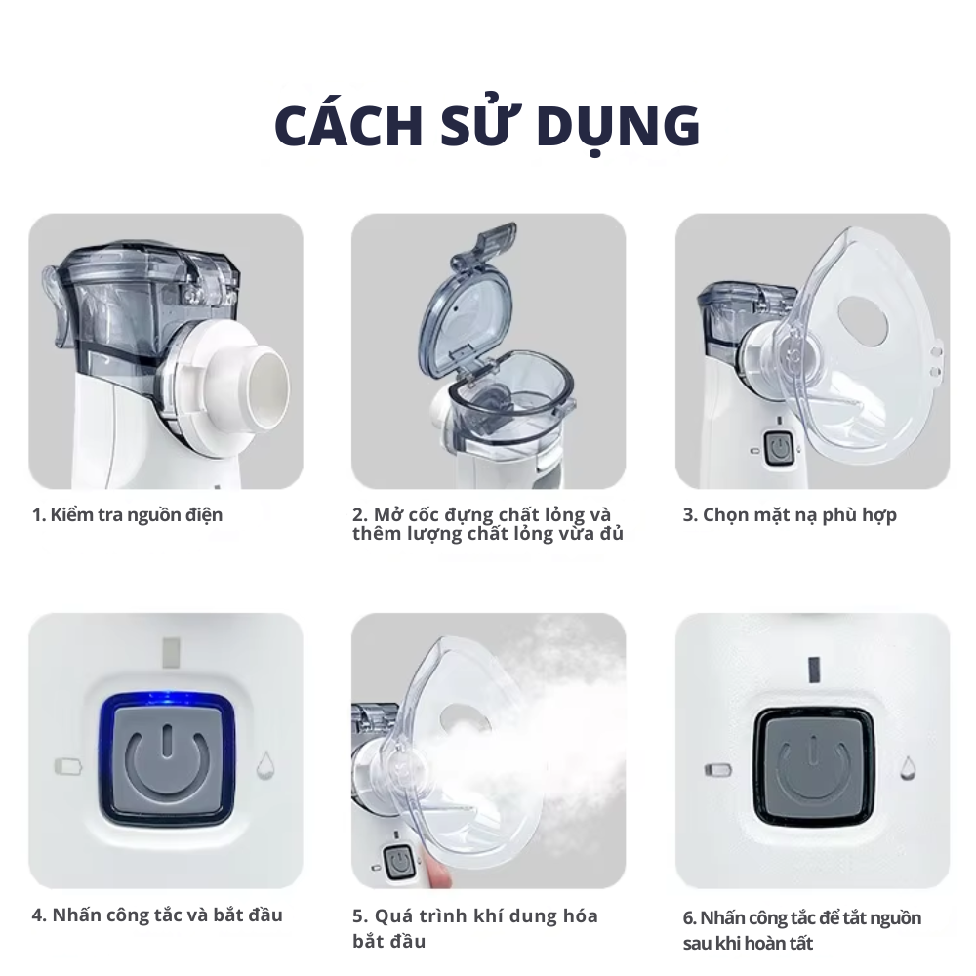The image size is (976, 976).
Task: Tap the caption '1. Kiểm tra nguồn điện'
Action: coord(127,515)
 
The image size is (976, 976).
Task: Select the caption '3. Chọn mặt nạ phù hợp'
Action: coord(790,515)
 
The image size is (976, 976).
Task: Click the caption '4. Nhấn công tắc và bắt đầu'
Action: coord(157,915)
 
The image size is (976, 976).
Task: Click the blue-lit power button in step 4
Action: coord(166,758)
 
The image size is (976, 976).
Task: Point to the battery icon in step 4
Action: coord(68,765)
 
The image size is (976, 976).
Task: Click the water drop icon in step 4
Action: coord(265,765)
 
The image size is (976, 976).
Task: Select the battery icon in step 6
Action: coord(717,770)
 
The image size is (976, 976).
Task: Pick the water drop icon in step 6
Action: coord(908,767)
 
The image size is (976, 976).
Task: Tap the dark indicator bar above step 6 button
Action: coord(814,669)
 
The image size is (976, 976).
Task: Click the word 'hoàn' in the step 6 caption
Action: coord(753,943)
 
